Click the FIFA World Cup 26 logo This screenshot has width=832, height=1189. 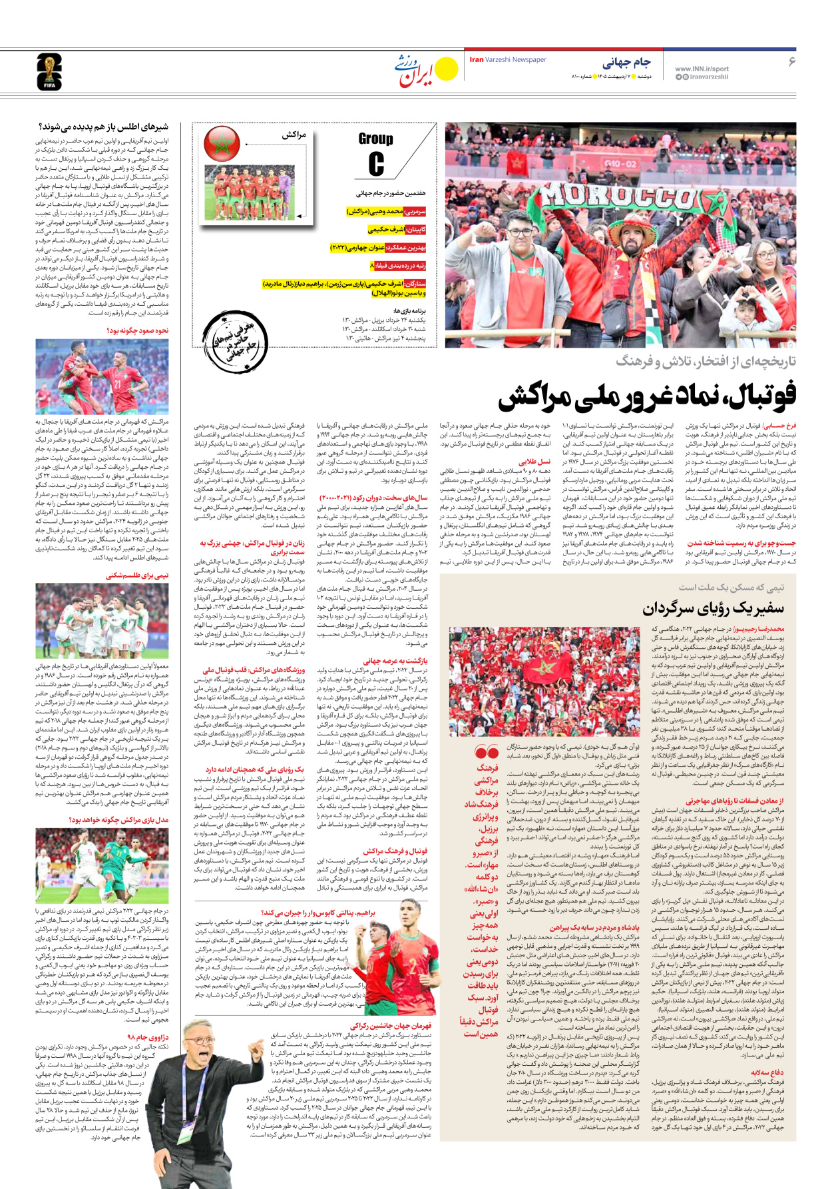(x=49, y=72)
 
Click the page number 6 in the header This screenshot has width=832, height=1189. (x=791, y=61)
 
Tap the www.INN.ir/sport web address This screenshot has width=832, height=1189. (x=702, y=69)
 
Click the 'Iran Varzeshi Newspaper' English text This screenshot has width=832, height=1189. (x=508, y=60)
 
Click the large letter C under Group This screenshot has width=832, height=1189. (x=376, y=164)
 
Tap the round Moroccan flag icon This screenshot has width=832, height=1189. (x=222, y=143)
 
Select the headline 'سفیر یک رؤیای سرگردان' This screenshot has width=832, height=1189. (x=714, y=607)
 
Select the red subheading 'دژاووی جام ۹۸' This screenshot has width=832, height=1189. (x=148, y=1036)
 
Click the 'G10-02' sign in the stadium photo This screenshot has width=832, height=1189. (x=620, y=163)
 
